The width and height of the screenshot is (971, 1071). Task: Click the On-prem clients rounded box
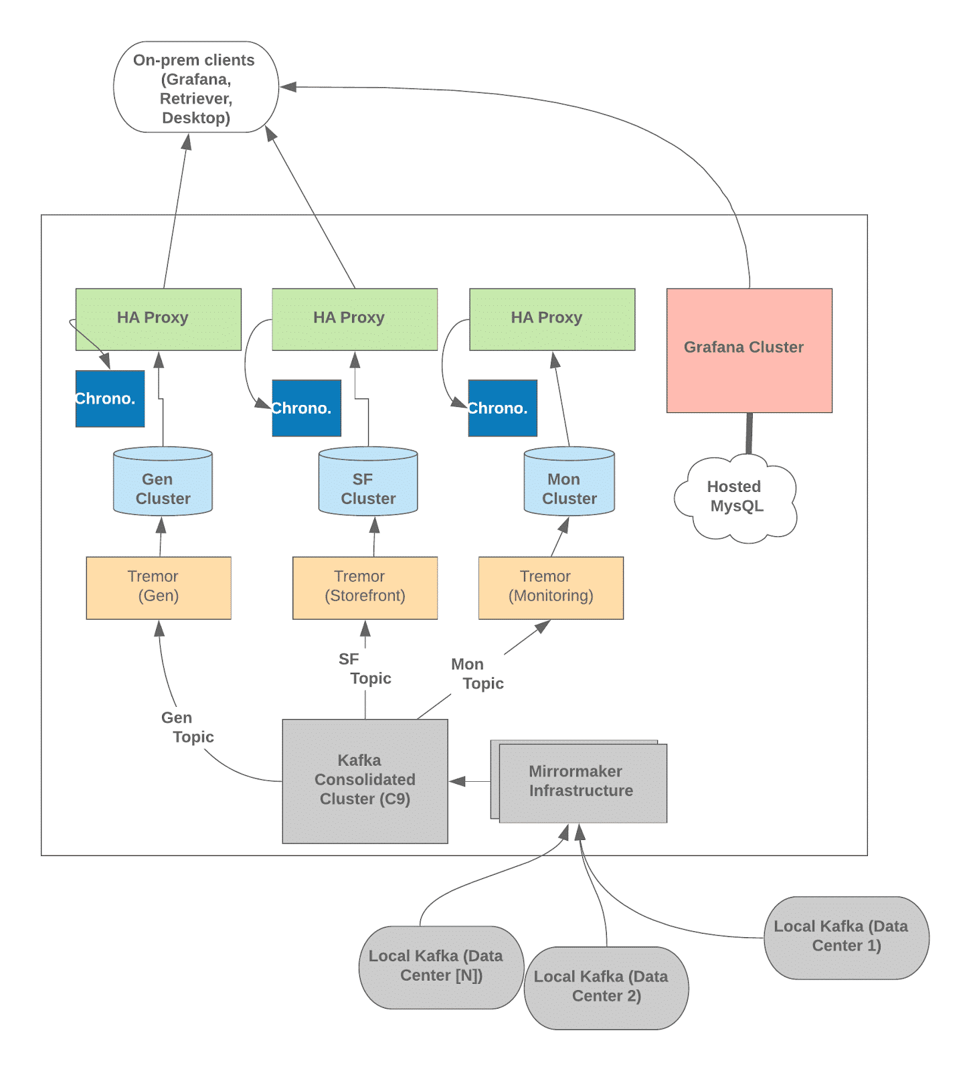(x=195, y=88)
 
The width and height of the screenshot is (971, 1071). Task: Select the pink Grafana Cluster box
(x=749, y=350)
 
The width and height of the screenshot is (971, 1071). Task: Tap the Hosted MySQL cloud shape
(x=735, y=497)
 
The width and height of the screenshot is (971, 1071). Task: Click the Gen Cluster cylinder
(x=163, y=483)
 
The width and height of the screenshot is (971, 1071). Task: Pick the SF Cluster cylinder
(x=367, y=483)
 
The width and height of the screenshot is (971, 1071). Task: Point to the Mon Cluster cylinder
(x=569, y=483)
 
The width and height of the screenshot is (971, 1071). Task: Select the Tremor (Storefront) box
(x=365, y=587)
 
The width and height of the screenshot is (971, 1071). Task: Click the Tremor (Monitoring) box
(x=551, y=587)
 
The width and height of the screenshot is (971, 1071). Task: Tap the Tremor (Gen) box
(x=159, y=587)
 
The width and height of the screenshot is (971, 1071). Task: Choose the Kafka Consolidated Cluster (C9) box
(x=365, y=780)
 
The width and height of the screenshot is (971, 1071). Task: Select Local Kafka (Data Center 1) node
(x=846, y=937)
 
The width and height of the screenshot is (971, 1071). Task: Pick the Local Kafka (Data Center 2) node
(x=606, y=987)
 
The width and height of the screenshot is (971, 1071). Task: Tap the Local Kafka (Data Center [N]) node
(x=440, y=967)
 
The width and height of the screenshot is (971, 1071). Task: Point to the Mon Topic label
(x=476, y=674)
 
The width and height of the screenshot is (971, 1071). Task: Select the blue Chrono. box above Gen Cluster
(x=110, y=399)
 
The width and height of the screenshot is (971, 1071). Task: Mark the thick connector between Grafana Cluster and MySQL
(x=749, y=433)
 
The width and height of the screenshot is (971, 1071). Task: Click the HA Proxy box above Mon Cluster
(x=551, y=319)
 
